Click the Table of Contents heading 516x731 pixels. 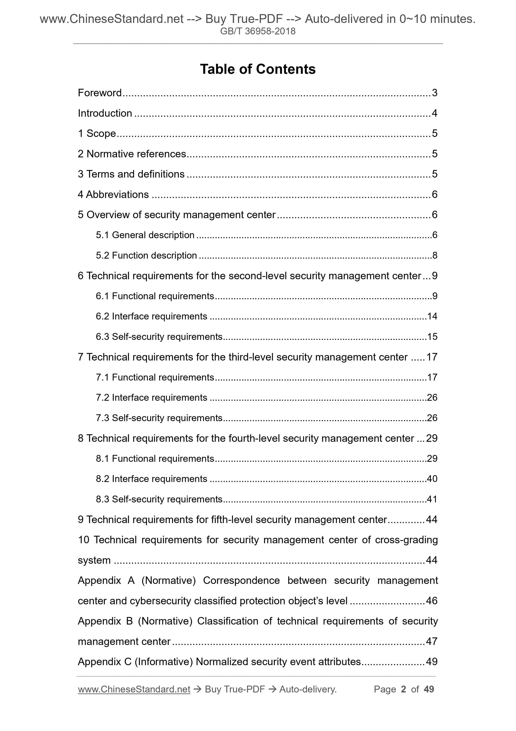pyautogui.click(x=257, y=69)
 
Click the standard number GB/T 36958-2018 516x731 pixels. pyautogui.click(x=257, y=31)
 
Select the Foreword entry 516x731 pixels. pyautogui.click(x=100, y=93)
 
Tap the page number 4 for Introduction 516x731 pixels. pyautogui.click(x=435, y=113)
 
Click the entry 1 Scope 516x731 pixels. pyautogui.click(x=97, y=133)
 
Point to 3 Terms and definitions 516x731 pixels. pyautogui.click(x=131, y=174)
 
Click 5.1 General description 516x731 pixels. pyautogui.click(x=145, y=235)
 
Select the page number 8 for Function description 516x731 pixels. pyautogui.click(x=435, y=255)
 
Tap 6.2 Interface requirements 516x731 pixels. pyautogui.click(x=151, y=316)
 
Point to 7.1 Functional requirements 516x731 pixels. pyautogui.click(x=155, y=377)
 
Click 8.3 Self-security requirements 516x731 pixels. pyautogui.click(x=159, y=499)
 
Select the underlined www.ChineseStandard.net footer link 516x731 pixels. pyautogui.click(x=134, y=689)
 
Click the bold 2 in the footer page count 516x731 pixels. pyautogui.click(x=404, y=689)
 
